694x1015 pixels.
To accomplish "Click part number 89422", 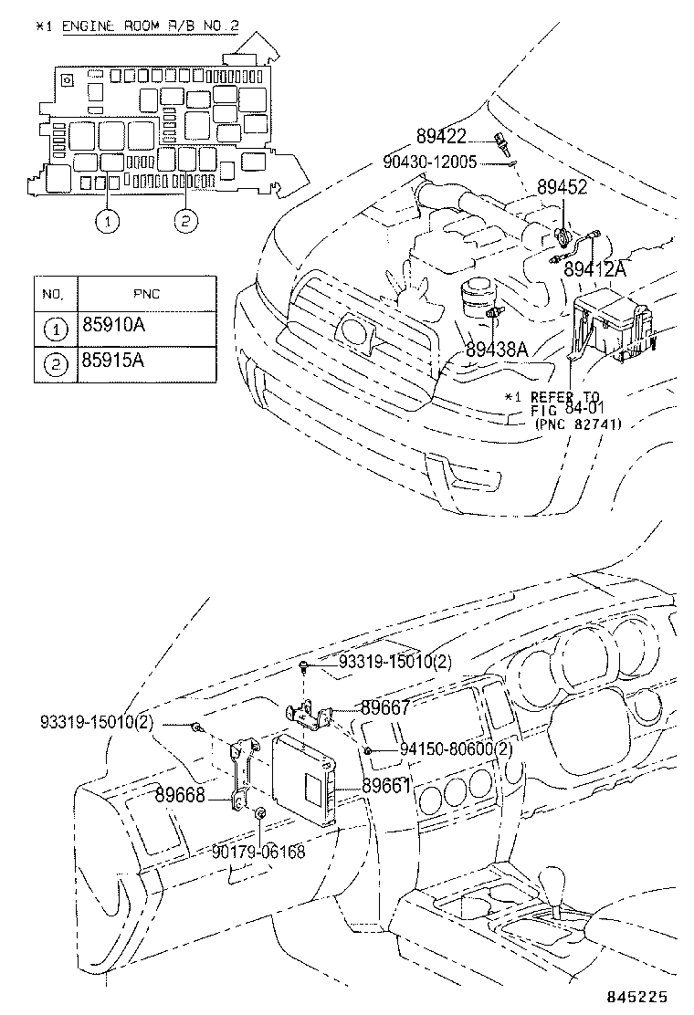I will coord(441,137).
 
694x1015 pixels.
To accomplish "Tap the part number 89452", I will coord(561,187).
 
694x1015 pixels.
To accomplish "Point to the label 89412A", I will coord(595,269).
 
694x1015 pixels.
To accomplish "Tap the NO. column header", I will coord(53,294).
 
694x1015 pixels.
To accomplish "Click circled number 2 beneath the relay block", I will coord(184,220).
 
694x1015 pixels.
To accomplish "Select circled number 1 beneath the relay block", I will coord(109,220).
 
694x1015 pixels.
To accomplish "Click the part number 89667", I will coord(384,706).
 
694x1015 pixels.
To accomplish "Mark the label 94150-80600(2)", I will coord(456,749).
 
